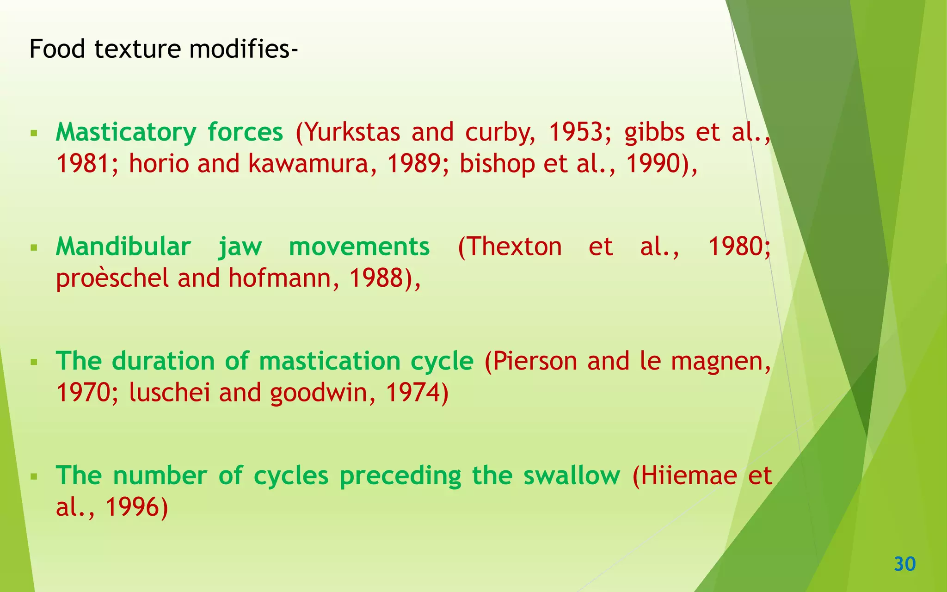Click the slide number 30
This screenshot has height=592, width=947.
point(905,564)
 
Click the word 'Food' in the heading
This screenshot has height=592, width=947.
point(57,49)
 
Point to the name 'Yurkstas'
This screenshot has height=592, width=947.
point(353,132)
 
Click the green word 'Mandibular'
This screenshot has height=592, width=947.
point(123,247)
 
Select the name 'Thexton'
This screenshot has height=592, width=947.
point(510,247)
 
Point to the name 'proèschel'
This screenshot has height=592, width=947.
point(112,279)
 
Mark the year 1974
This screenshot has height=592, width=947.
point(412,393)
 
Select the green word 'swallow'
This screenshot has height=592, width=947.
point(572,475)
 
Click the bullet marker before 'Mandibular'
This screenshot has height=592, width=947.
point(33,248)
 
